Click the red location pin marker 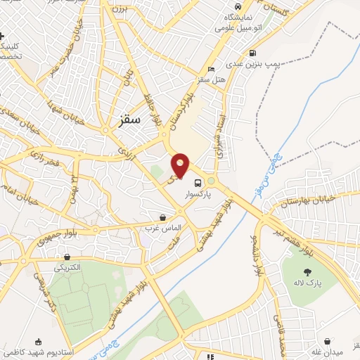(x=180, y=165)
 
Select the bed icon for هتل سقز (x=212, y=70)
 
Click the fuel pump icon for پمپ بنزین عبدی (x=252, y=52)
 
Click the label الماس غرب (x=164, y=229)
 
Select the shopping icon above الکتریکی (x=67, y=257)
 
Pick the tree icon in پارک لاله (x=307, y=271)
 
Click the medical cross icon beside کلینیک (x=4, y=35)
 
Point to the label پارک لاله (x=307, y=282)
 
